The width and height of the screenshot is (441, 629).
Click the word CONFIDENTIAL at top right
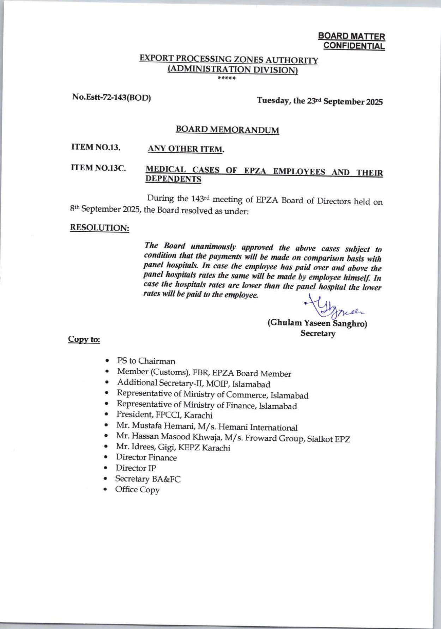click(x=354, y=46)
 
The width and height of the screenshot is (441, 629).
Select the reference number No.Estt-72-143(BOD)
click(x=111, y=97)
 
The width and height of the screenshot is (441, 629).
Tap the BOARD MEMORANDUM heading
click(x=227, y=130)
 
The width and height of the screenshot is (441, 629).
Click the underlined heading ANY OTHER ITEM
click(x=186, y=149)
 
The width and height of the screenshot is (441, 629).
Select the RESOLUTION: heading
click(x=100, y=228)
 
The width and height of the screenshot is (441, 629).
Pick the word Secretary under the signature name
click(x=318, y=333)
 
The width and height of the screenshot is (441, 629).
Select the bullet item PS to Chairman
click(x=146, y=361)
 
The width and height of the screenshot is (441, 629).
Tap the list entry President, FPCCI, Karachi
click(x=164, y=415)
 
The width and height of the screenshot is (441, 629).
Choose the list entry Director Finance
click(x=146, y=458)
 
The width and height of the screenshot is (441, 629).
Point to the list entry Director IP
click(x=136, y=468)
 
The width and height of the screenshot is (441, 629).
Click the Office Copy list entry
click(x=137, y=490)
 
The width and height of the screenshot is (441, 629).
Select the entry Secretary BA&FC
click(x=148, y=479)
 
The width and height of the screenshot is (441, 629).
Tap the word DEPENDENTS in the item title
click(x=174, y=179)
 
